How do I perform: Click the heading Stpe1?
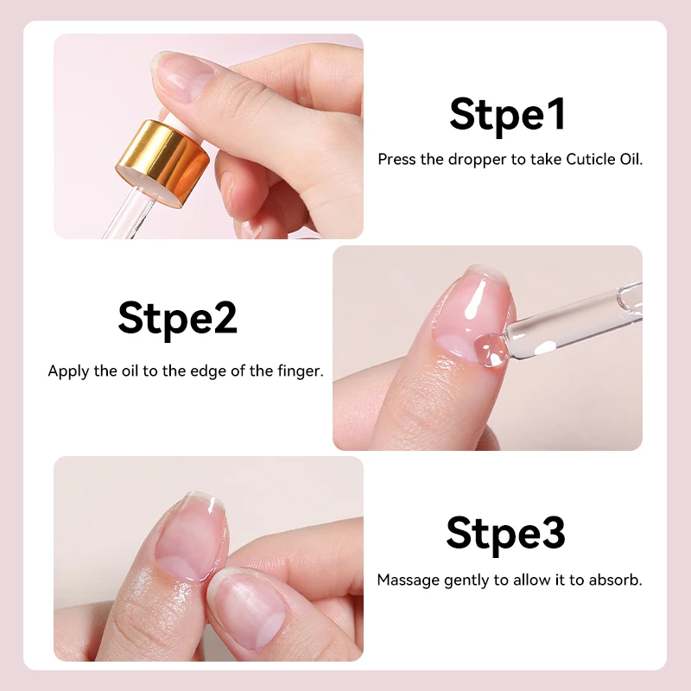(x=507, y=115)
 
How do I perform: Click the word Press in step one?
(x=397, y=160)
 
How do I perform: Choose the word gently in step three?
(x=466, y=580)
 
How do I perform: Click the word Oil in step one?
(x=631, y=160)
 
